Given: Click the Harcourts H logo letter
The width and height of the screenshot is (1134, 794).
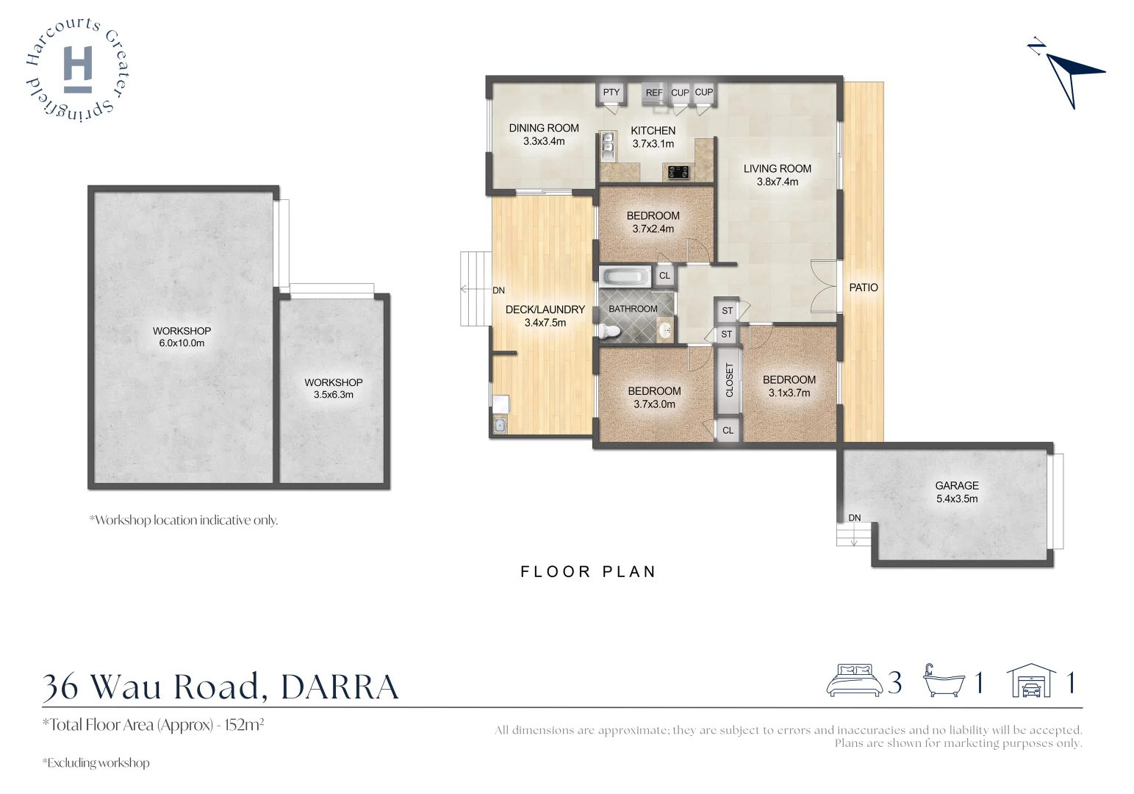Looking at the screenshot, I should click(x=78, y=68).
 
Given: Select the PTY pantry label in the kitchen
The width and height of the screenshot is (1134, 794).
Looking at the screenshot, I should click(x=611, y=93).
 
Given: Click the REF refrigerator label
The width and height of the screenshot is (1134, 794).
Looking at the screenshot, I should click(x=654, y=93).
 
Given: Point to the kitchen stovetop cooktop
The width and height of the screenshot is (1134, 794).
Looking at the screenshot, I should click(x=678, y=173).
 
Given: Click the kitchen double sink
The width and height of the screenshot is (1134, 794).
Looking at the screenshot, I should click(x=608, y=146).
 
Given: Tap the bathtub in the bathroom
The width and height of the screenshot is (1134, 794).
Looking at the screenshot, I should click(x=625, y=277).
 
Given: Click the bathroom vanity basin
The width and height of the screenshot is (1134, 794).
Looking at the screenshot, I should click(x=665, y=331).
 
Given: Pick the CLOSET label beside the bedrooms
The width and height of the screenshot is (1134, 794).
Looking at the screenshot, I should click(x=730, y=380).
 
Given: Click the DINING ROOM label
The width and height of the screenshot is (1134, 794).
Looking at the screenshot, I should click(x=544, y=128).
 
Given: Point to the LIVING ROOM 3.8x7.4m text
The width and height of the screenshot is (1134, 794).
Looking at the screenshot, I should click(x=777, y=175).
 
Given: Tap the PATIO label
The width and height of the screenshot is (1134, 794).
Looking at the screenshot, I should click(x=864, y=287).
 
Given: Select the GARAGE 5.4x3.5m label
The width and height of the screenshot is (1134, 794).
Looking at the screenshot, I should click(x=956, y=492).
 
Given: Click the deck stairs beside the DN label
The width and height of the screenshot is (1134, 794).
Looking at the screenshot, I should click(x=475, y=288).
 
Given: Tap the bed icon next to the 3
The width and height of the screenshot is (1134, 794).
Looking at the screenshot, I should click(x=854, y=681).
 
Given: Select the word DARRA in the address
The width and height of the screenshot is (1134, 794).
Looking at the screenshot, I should click(x=340, y=687).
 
